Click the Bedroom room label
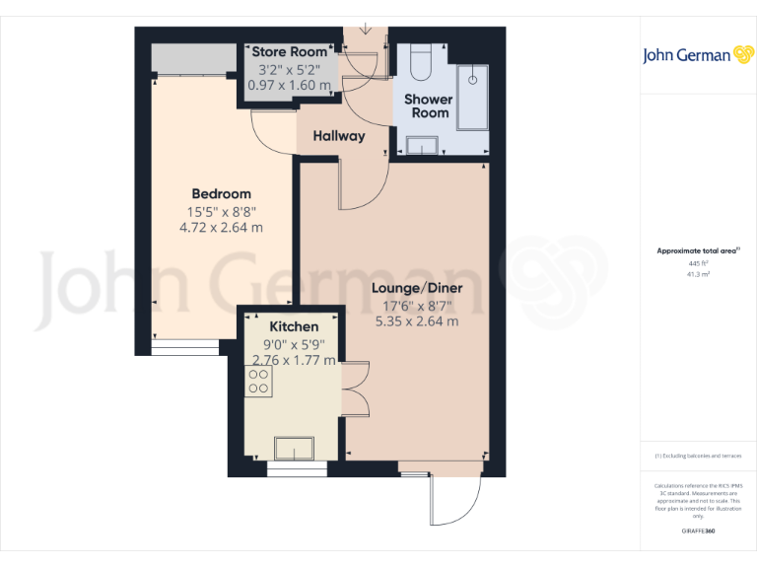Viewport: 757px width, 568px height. tap(221, 193)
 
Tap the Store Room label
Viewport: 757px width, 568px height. tap(288, 52)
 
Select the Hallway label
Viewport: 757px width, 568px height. tap(339, 136)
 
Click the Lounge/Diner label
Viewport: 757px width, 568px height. tap(416, 288)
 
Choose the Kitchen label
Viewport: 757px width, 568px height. tap(294, 326)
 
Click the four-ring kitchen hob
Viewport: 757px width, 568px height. tap(259, 382)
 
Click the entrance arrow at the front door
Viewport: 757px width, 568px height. tap(366, 27)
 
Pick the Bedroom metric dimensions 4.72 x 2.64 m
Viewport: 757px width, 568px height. tap(221, 227)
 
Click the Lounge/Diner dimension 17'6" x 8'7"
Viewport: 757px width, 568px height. tap(416, 305)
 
